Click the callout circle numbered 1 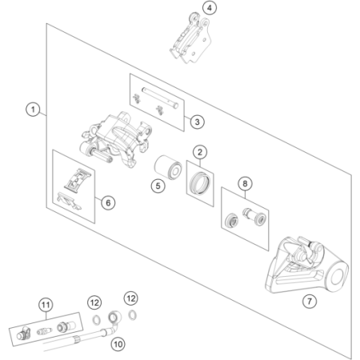point(33,110)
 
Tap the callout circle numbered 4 point(210,8)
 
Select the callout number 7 point(310,302)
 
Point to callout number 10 point(118,344)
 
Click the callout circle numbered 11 point(46,305)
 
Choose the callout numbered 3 point(197,122)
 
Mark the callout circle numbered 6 point(108,202)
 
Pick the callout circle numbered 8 point(245,183)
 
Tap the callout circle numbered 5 point(158,186)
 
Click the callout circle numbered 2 point(200,152)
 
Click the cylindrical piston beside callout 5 point(168,168)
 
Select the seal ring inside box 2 point(200,182)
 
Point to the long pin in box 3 point(160,98)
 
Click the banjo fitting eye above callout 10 point(114,317)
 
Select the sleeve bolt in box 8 point(254,216)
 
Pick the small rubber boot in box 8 point(231,220)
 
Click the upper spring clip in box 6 point(78,179)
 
